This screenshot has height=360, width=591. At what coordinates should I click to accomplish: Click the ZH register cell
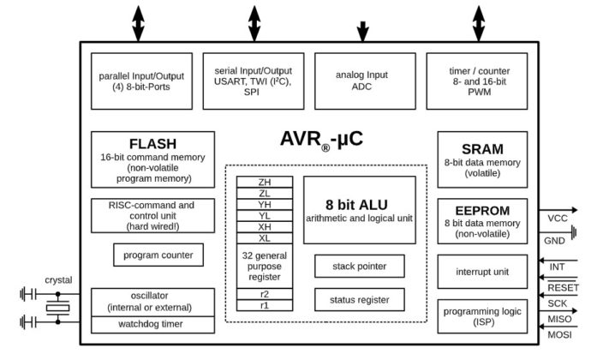click(x=265, y=182)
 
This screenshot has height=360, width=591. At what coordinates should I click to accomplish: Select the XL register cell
click(x=265, y=238)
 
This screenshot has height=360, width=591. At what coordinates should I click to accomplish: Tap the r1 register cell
click(x=265, y=305)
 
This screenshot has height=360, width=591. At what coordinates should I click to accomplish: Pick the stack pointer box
click(x=360, y=266)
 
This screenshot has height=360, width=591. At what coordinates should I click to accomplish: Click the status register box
click(x=360, y=300)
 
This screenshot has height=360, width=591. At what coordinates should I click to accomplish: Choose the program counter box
click(x=158, y=255)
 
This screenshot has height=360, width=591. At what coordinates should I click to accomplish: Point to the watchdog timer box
click(x=152, y=325)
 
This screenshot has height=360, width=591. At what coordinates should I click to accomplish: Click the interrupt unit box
click(x=482, y=272)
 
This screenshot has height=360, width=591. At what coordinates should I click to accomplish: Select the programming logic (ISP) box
click(x=482, y=316)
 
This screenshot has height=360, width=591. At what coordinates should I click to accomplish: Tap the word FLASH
click(x=152, y=144)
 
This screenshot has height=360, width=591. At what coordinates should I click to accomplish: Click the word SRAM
click(x=482, y=149)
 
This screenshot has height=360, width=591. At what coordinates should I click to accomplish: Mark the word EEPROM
click(x=482, y=211)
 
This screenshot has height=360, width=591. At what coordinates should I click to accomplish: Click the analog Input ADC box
click(x=365, y=81)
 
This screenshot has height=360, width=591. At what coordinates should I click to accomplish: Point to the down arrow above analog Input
click(x=362, y=32)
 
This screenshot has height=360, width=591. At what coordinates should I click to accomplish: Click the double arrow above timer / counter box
click(x=479, y=23)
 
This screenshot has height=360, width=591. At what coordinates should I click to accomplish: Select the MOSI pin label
click(x=559, y=335)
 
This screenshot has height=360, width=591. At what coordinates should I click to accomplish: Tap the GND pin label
click(x=554, y=241)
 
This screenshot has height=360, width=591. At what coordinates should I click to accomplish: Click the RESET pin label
click(x=563, y=287)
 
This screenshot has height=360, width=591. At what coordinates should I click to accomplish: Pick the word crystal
click(x=58, y=280)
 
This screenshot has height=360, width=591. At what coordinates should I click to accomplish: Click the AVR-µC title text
click(x=321, y=140)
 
